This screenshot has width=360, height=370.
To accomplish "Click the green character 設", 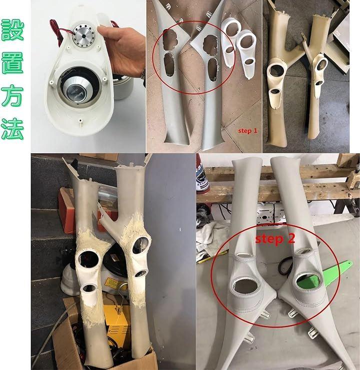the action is point(12,30).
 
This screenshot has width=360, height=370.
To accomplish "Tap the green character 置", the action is point(12,63).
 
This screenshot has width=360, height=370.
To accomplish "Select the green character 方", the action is point(12,96).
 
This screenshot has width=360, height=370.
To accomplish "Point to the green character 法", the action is point(12,129).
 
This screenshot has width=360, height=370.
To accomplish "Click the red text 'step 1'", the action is point(247,131).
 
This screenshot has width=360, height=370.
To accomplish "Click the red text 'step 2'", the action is point(275,239).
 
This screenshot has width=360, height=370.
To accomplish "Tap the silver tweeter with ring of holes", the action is point(83,36).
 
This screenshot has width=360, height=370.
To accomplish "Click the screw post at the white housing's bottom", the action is point(81,122).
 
